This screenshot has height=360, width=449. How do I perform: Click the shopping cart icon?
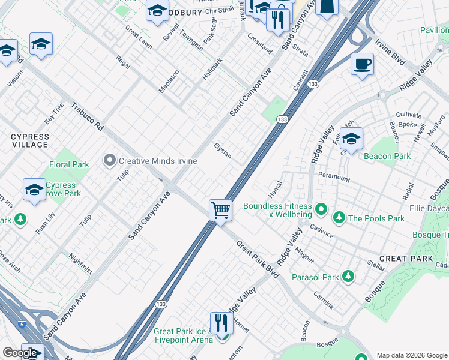tap(221, 211)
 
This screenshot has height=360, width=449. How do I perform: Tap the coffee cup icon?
tap(362, 64)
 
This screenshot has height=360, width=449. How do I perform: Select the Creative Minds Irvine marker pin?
tap(109, 160)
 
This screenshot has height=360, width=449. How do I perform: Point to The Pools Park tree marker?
tap(339, 218)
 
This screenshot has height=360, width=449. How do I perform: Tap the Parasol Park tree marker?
tap(348, 277)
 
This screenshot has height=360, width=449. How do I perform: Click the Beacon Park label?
tap(387, 156)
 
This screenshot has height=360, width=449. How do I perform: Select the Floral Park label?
tap(69, 164)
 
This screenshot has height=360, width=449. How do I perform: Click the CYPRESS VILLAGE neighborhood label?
tap(29, 141)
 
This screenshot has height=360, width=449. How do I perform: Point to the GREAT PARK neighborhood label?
tap(406, 259)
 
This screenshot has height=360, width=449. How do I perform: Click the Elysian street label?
tap(223, 151)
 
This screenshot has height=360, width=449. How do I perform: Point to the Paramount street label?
tap(334, 178)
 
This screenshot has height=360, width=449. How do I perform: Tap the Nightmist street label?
tap(80, 263)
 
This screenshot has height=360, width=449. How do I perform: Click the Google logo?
tap(20, 353)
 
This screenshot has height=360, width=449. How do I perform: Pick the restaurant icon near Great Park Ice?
tap(221, 323)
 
